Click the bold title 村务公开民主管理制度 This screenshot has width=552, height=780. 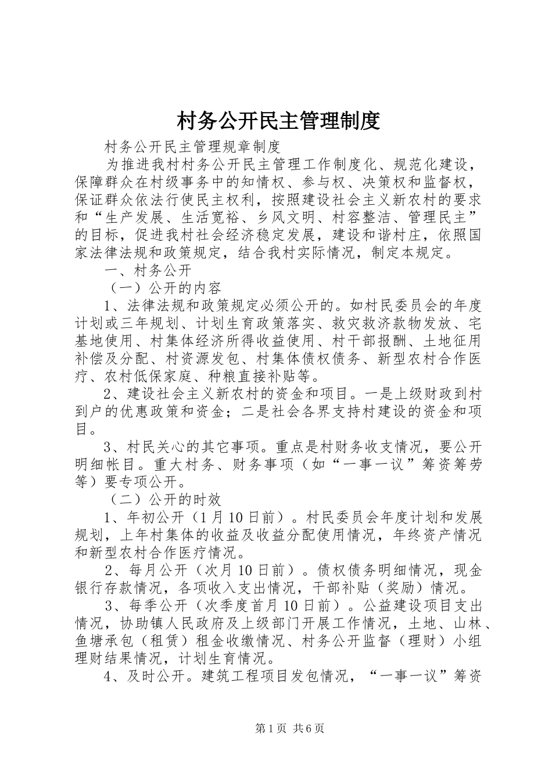(278, 121)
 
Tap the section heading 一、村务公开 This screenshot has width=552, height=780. (148, 270)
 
